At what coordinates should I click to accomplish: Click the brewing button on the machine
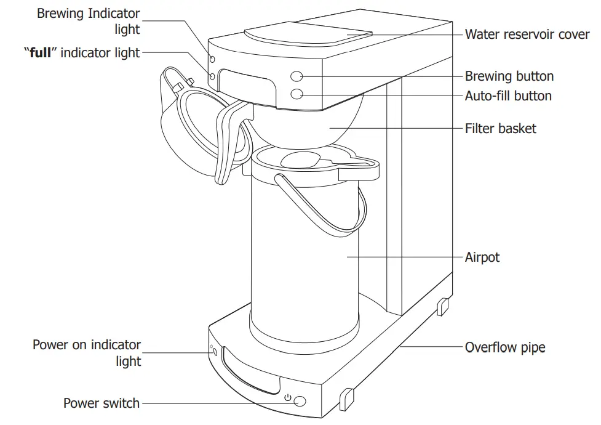point(297,76)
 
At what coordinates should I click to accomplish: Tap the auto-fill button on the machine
point(297,94)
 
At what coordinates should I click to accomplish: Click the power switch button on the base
point(300,402)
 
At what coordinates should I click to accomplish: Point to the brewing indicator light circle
point(212,59)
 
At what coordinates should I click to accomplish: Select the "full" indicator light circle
point(212,76)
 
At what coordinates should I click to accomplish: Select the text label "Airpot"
point(482,257)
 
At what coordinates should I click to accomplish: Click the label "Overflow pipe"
point(504,347)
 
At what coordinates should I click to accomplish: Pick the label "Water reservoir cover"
point(527,34)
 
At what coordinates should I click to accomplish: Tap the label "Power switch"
point(101,404)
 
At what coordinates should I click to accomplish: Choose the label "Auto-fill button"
point(508,96)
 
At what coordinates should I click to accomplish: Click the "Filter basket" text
point(500,129)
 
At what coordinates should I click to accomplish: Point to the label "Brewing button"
point(509,76)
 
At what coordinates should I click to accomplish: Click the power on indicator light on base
point(212,352)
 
